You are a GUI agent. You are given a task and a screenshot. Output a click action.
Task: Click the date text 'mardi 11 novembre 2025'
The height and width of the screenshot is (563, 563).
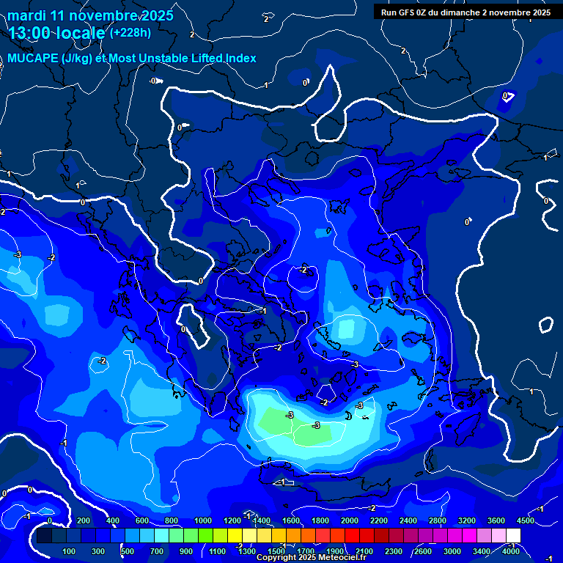(90, 15)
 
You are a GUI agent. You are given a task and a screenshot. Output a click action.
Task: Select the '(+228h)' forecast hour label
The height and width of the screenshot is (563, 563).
(130, 33)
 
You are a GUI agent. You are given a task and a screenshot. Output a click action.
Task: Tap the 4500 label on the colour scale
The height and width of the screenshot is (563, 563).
(525, 520)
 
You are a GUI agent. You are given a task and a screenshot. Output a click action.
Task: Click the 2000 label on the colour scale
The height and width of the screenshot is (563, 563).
(350, 520)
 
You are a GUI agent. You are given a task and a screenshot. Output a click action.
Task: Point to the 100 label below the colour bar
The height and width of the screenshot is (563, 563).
(70, 551)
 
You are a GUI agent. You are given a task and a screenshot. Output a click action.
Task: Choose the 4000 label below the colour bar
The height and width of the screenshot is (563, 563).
(512, 551)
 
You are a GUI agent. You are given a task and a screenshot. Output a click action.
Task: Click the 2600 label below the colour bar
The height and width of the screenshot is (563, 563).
(423, 551)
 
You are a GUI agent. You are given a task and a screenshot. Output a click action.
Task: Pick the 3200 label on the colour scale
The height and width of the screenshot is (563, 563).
(467, 520)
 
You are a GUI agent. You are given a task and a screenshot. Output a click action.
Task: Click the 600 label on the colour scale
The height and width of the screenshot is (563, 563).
(142, 520)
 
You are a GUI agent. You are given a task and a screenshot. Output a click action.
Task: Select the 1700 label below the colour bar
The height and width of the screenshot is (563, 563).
(305, 551)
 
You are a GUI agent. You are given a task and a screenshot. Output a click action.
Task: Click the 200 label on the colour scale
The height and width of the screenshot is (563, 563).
(83, 520)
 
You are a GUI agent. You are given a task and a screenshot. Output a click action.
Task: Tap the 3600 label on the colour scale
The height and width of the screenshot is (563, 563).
(496, 520)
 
